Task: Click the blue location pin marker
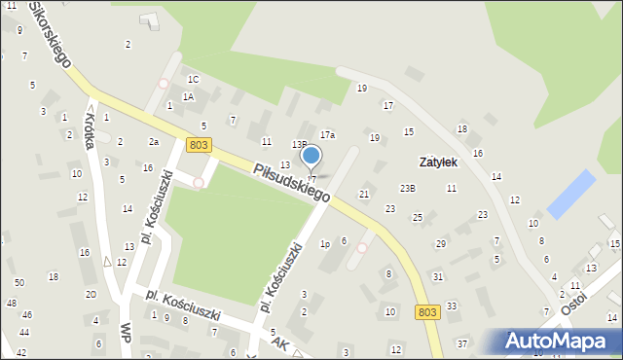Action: pyautogui.click(x=311, y=156)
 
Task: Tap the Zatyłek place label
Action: pyautogui.click(x=438, y=162)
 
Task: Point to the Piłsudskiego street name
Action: pyautogui.click(x=291, y=183)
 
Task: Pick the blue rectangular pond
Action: pyautogui.click(x=570, y=194)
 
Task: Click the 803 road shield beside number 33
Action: pyautogui.click(x=426, y=311)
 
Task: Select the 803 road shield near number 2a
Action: pyautogui.click(x=199, y=145)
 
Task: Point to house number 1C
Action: pyautogui.click(x=194, y=79)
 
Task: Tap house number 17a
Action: pyautogui.click(x=327, y=134)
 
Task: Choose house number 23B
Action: pyautogui.click(x=408, y=188)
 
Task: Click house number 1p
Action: pyautogui.click(x=325, y=244)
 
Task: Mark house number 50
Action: pyautogui.click(x=19, y=282)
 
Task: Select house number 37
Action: pyautogui.click(x=462, y=343)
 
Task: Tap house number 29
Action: pyautogui.click(x=440, y=243)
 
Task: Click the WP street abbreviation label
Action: pyautogui.click(x=126, y=331)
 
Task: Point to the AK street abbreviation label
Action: pyautogui.click(x=280, y=343)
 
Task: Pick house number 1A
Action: pyautogui.click(x=189, y=96)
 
